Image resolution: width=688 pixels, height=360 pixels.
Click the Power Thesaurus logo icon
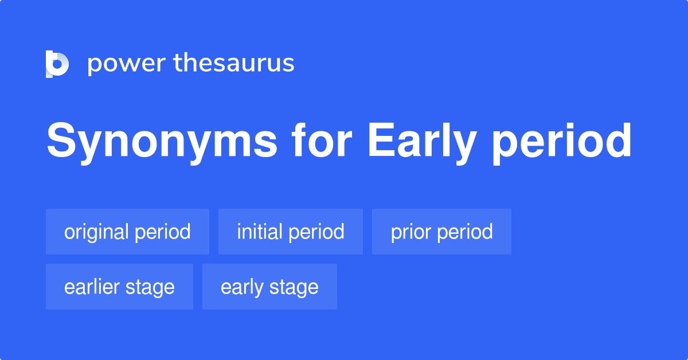tap(57, 64)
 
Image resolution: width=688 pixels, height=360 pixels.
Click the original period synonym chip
tap(127, 232)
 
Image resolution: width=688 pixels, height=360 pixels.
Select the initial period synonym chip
tap(290, 232)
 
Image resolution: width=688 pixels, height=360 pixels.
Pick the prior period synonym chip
tap(441, 232)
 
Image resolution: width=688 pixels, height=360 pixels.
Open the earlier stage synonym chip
tap(119, 287)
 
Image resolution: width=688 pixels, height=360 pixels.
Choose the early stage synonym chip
tap(269, 287)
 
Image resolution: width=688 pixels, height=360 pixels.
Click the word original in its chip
tap(96, 232)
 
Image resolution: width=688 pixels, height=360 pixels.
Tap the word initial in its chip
tap(260, 232)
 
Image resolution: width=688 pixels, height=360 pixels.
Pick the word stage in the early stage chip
tap(294, 287)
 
